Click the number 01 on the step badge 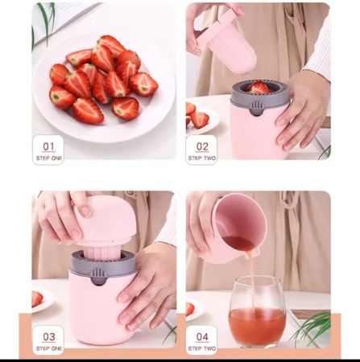point(48,146)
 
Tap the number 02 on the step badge point(202,146)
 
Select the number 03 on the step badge point(48,337)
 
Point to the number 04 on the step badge point(202,337)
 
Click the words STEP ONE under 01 point(49,158)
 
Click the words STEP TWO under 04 point(202,348)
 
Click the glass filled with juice point(257,311)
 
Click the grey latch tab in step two point(257,109)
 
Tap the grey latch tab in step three point(97,277)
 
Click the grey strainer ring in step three point(103,264)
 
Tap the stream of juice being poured point(252,282)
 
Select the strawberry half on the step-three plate point(37,298)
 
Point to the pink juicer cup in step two point(259,131)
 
